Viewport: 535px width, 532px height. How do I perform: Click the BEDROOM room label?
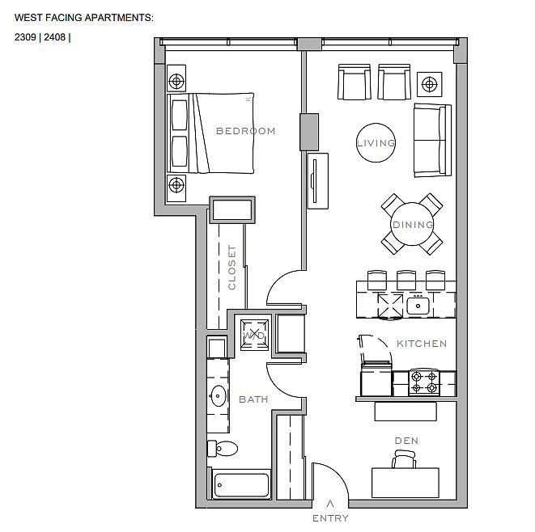point(246,131)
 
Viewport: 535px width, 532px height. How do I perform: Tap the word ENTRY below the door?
point(330,518)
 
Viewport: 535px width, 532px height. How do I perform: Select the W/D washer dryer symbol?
point(254,336)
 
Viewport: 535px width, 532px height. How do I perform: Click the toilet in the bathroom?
point(223,449)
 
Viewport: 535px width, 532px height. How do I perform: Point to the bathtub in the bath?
point(241,485)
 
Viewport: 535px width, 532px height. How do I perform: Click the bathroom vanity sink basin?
point(218,395)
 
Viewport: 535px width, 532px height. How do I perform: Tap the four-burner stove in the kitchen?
point(424,382)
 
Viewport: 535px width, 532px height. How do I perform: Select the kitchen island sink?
point(418,306)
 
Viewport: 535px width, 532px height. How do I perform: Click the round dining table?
point(412,224)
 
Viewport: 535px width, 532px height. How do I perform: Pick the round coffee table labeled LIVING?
point(376,143)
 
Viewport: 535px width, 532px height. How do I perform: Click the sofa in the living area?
point(432,141)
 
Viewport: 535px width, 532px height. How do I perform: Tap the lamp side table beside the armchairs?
point(430,84)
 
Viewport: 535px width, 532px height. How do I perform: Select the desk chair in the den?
point(405,458)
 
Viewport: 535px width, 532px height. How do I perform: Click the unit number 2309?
point(25,37)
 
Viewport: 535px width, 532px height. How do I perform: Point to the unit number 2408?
point(54,37)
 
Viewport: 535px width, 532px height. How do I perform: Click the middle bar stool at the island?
point(406,280)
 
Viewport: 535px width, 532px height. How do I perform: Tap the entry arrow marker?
point(330,503)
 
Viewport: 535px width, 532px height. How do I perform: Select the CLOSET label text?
point(232,268)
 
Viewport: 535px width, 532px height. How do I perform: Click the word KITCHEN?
point(422,344)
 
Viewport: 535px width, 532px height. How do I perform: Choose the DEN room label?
point(406,441)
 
